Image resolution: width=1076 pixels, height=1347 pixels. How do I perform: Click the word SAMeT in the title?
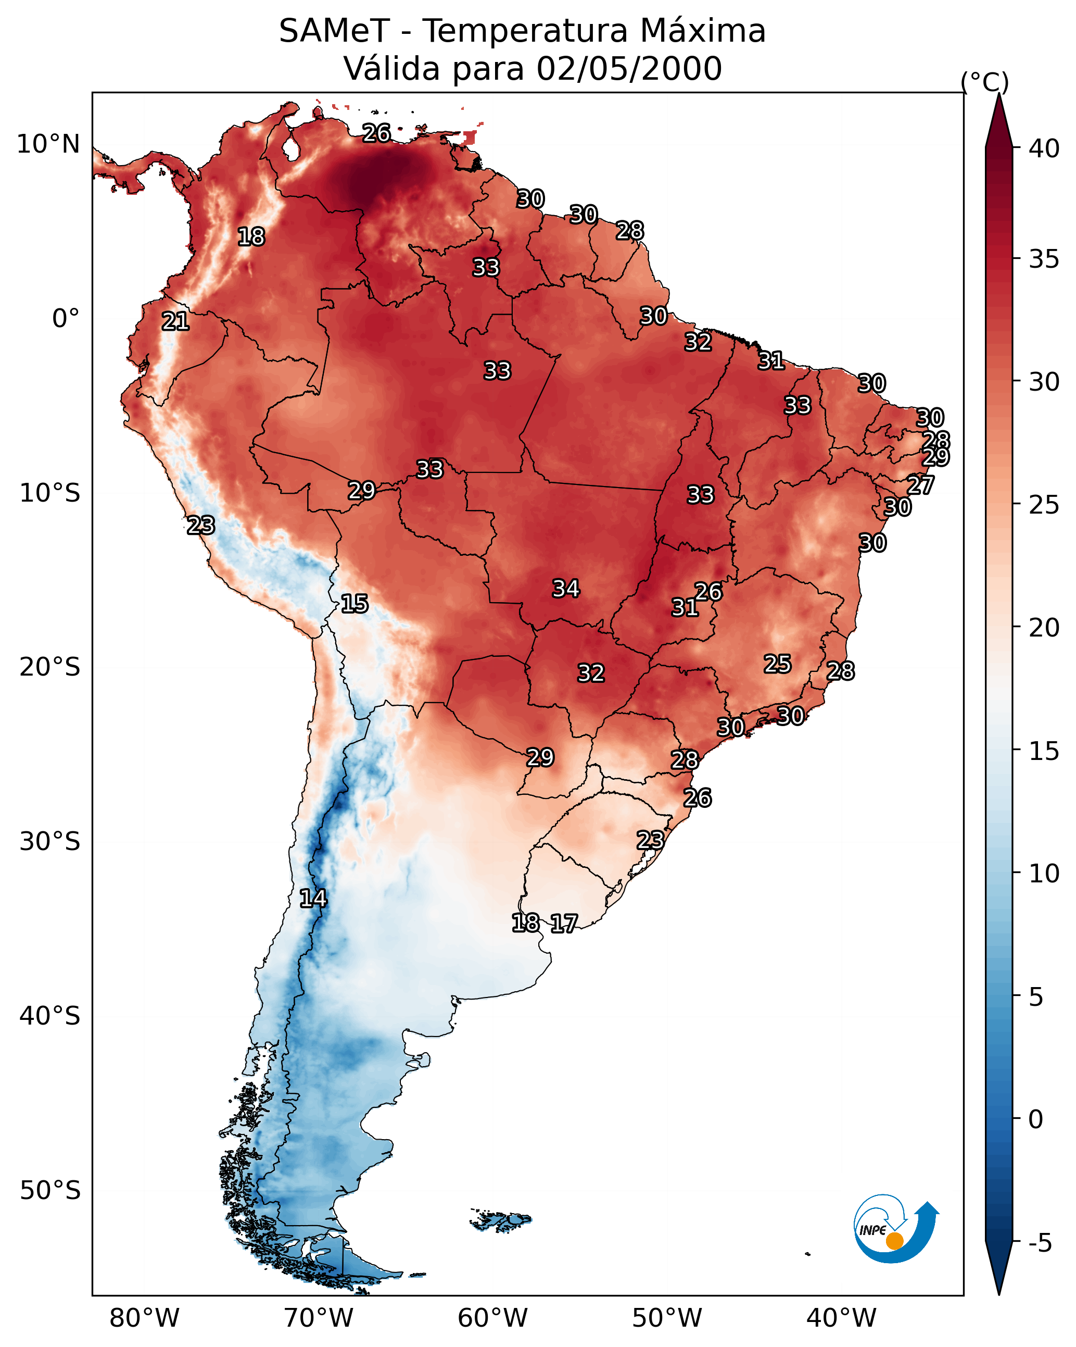pyautogui.click(x=334, y=31)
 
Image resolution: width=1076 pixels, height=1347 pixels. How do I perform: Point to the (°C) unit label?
pyautogui.click(x=984, y=82)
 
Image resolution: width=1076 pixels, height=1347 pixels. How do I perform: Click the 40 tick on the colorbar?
pyautogui.click(x=1044, y=148)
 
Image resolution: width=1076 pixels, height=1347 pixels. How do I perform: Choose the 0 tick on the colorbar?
pyautogui.click(x=1035, y=1119)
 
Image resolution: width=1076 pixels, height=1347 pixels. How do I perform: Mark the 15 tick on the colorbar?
pyautogui.click(x=1044, y=751)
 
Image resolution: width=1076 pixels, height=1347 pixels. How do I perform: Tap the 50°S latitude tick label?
pyautogui.click(x=50, y=1191)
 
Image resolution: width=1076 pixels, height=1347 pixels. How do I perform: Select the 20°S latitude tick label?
pyautogui.click(x=50, y=667)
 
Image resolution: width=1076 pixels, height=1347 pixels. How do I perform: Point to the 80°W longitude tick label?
pyautogui.click(x=144, y=1318)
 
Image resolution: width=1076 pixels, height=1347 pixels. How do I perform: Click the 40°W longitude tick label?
pyautogui.click(x=841, y=1318)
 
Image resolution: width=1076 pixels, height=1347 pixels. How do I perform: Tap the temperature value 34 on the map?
pyautogui.click(x=566, y=589)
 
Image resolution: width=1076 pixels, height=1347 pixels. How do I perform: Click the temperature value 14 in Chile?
pyautogui.click(x=313, y=899)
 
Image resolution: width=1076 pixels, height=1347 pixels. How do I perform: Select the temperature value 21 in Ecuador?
pyautogui.click(x=175, y=322)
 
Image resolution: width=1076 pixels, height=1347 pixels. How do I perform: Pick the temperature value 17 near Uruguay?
pyautogui.click(x=564, y=924)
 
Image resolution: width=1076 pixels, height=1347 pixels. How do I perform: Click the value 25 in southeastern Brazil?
pyautogui.click(x=778, y=664)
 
